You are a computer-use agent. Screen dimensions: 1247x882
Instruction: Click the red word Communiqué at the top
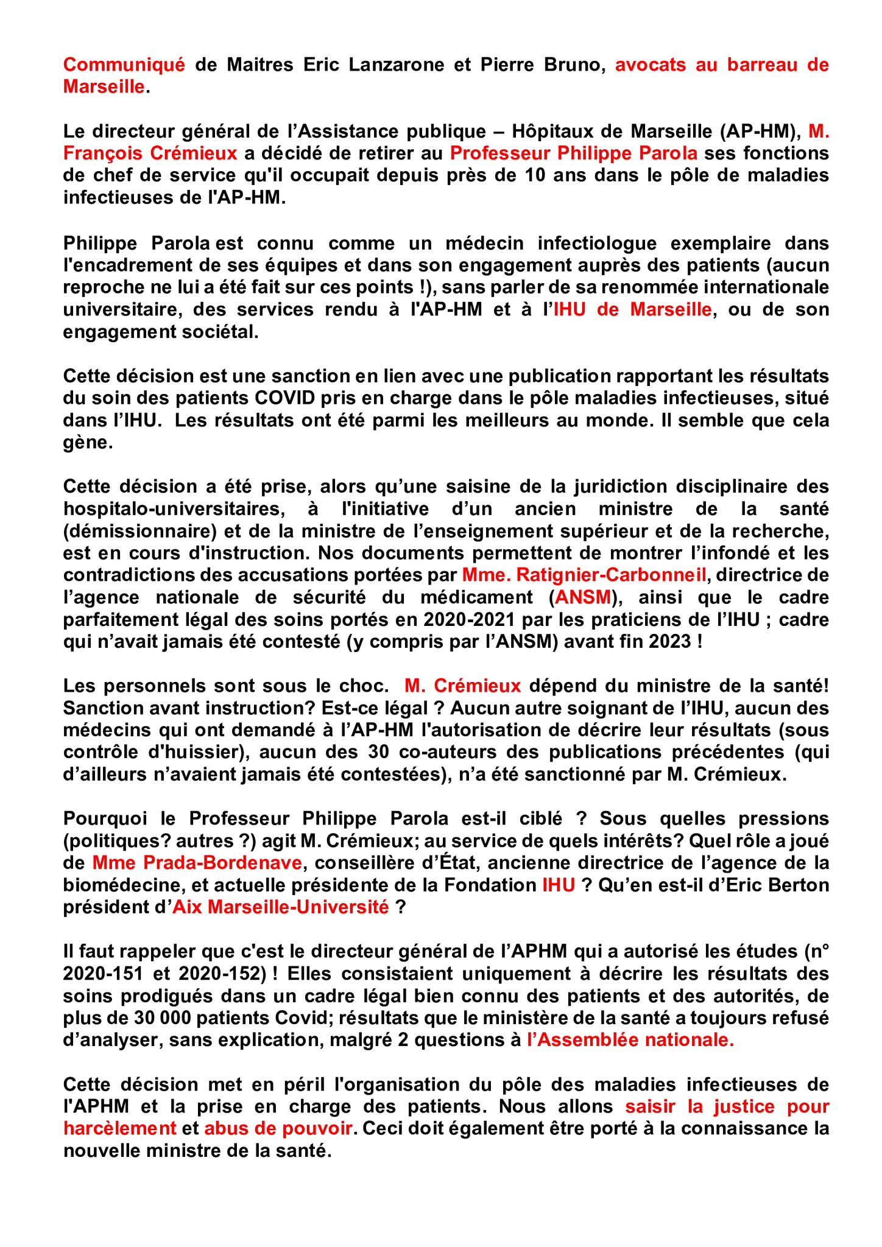click(124, 65)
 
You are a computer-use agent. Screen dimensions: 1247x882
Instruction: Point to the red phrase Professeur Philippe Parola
click(573, 153)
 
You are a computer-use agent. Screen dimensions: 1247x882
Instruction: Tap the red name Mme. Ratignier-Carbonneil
click(584, 575)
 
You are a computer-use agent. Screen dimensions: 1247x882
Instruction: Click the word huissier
click(204, 752)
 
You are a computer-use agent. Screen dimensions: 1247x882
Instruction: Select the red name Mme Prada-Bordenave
click(197, 863)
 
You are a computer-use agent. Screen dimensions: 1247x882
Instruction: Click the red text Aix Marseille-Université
click(281, 907)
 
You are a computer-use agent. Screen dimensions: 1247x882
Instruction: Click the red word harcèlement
click(119, 1128)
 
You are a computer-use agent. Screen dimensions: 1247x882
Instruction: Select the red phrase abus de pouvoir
click(278, 1128)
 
